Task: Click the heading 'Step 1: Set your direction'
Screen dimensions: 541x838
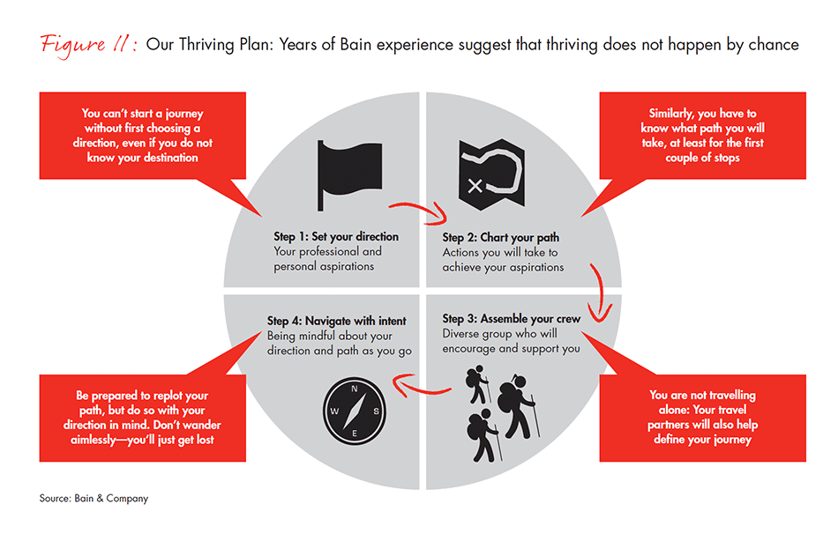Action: pyautogui.click(x=335, y=237)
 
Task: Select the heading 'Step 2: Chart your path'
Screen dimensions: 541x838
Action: pyautogui.click(x=500, y=237)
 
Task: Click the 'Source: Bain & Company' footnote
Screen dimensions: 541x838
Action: pyautogui.click(x=94, y=499)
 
